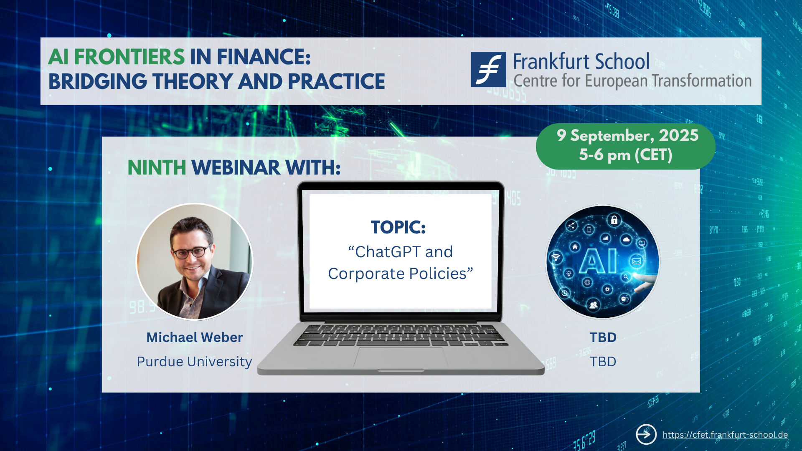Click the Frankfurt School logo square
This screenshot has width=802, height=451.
488,69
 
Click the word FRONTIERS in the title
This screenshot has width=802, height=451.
129,57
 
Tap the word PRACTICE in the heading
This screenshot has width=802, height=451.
336,81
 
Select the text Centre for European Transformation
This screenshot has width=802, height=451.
632,81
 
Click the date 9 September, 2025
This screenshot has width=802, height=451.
627,135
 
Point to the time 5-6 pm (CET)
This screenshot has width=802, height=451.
625,155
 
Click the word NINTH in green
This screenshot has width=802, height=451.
157,167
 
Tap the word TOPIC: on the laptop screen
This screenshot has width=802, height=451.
398,227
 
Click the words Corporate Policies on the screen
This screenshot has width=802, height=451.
397,274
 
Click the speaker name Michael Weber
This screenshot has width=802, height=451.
194,337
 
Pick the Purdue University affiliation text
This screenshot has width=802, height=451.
194,362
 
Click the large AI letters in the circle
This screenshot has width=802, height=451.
598,261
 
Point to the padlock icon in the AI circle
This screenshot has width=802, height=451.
614,220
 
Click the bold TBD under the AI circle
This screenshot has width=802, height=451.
603,337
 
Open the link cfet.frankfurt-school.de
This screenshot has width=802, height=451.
725,435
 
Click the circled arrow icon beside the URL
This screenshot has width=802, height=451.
646,434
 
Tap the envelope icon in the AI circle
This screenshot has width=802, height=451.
637,261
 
